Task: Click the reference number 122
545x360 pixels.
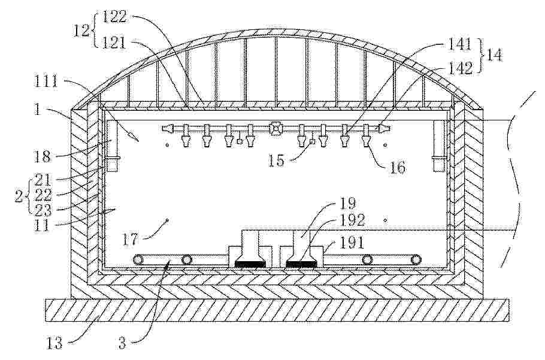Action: point(115,16)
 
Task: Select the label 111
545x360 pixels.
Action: point(46,82)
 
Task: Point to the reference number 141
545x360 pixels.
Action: point(460,45)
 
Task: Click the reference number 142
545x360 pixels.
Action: point(461,68)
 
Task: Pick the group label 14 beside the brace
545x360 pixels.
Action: point(494,55)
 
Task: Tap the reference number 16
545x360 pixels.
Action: point(397,168)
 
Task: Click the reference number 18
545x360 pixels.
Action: point(43,156)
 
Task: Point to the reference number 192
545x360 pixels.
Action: point(352,220)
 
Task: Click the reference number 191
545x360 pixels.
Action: point(352,243)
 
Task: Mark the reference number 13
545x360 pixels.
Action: point(54,343)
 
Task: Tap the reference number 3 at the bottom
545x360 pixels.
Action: point(122,344)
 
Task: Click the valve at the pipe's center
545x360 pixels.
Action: point(275,129)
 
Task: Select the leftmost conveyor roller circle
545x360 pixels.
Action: point(137,259)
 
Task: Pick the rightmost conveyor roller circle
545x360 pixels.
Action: point(415,259)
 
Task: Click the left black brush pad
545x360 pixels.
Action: point(250,264)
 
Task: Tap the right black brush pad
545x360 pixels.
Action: point(301,264)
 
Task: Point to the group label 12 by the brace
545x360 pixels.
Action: point(81,31)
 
